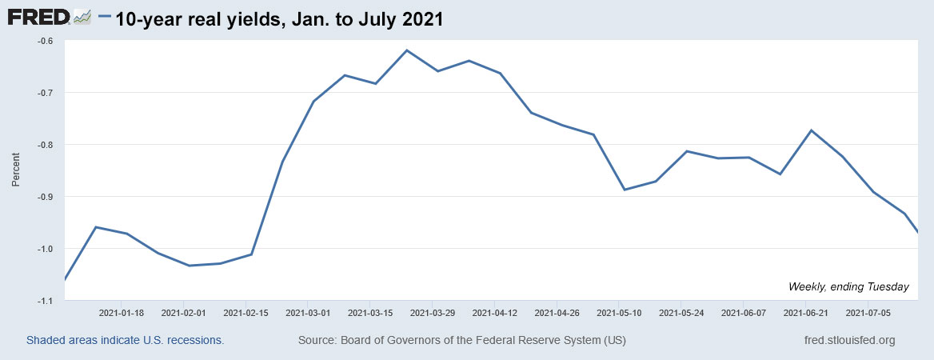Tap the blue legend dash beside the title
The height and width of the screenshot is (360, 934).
pos(105,18)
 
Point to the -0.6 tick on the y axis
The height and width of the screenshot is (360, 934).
pos(45,41)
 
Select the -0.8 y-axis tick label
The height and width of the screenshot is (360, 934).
pos(45,145)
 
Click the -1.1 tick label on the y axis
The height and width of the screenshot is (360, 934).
pos(45,301)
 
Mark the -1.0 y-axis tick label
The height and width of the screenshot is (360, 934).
pos(45,249)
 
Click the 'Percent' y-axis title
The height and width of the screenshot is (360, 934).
pos(16,171)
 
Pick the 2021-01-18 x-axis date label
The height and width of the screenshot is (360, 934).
pos(122,313)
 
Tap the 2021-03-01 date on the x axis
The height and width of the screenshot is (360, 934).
pos(309,313)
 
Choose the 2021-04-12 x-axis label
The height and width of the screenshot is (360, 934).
pos(495,313)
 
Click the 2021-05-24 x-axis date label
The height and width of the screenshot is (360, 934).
pos(681,313)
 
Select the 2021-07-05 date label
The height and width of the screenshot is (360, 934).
pos(868,313)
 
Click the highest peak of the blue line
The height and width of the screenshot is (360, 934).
pos(407,50)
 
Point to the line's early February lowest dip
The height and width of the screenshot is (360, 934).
pos(190,266)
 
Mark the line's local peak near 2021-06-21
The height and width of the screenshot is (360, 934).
pos(811,130)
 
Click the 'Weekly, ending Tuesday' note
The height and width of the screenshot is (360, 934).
pos(848,286)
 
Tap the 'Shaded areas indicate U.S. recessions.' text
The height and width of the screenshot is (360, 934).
pos(126,340)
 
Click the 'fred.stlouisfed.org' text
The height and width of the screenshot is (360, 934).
pos(848,340)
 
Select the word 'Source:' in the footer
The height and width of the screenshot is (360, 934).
pos(318,340)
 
